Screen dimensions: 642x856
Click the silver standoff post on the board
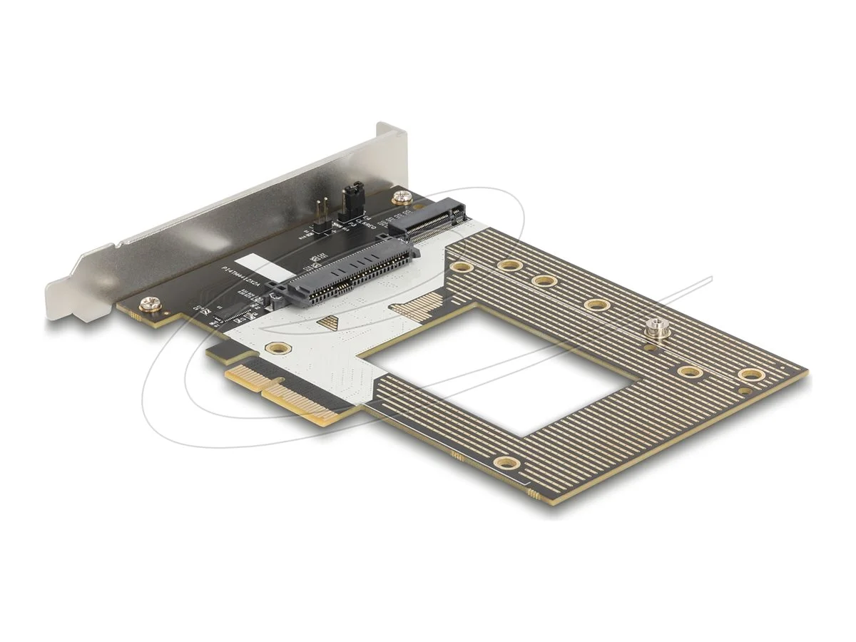[x=651, y=329]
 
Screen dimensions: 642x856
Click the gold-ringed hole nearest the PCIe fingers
[x=275, y=348]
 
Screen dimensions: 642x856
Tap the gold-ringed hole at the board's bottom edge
[x=507, y=463]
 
